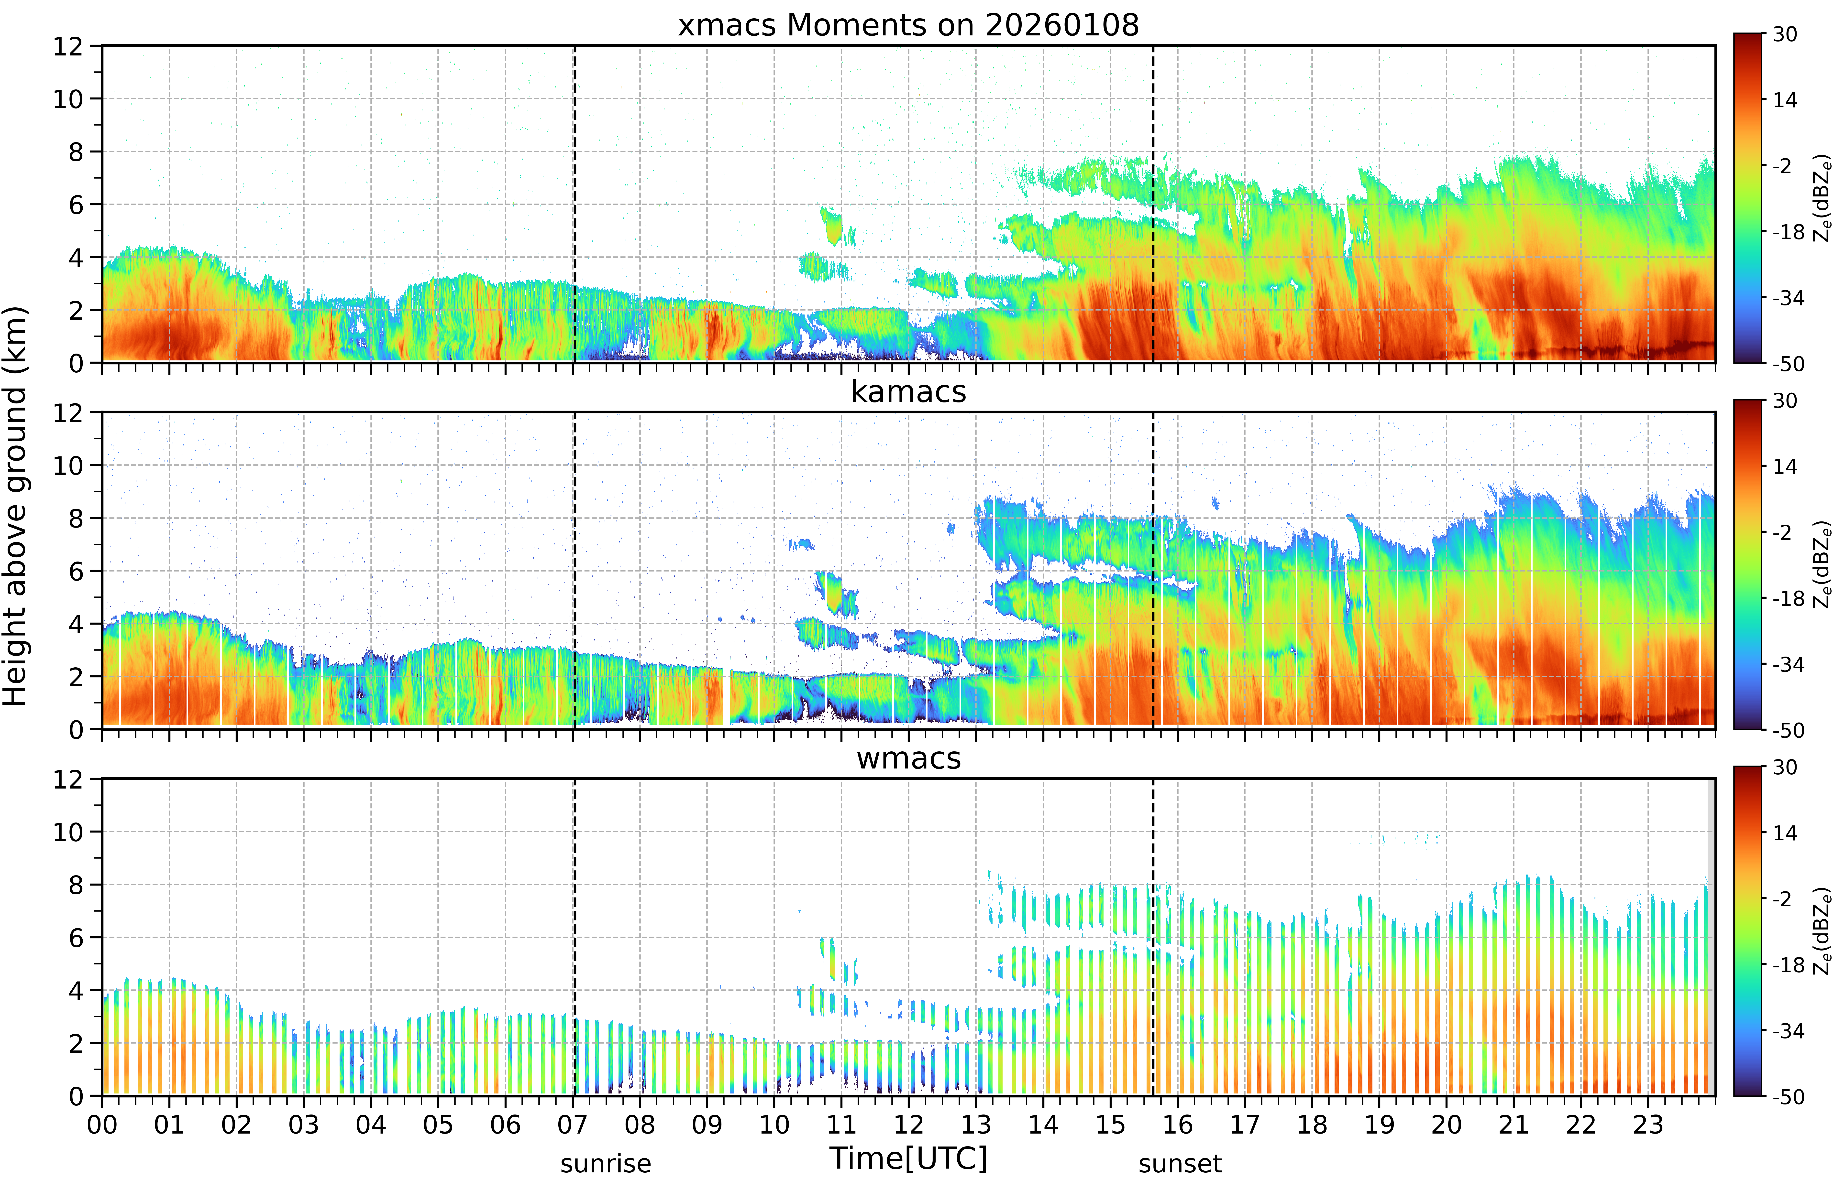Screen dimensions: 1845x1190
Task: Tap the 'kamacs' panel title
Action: [x=908, y=392]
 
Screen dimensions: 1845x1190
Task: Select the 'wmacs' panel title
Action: [x=908, y=758]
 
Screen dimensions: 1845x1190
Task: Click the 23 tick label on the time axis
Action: [x=1648, y=1124]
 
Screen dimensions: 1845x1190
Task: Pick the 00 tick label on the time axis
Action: [x=102, y=1124]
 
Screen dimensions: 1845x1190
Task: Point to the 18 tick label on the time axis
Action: [x=1312, y=1124]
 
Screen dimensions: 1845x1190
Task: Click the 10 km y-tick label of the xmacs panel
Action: [x=68, y=99]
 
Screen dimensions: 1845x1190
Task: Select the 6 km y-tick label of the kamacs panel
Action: [x=76, y=571]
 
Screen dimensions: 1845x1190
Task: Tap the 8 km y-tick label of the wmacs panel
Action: [x=76, y=885]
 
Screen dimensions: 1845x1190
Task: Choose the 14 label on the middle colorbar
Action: [x=1785, y=467]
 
